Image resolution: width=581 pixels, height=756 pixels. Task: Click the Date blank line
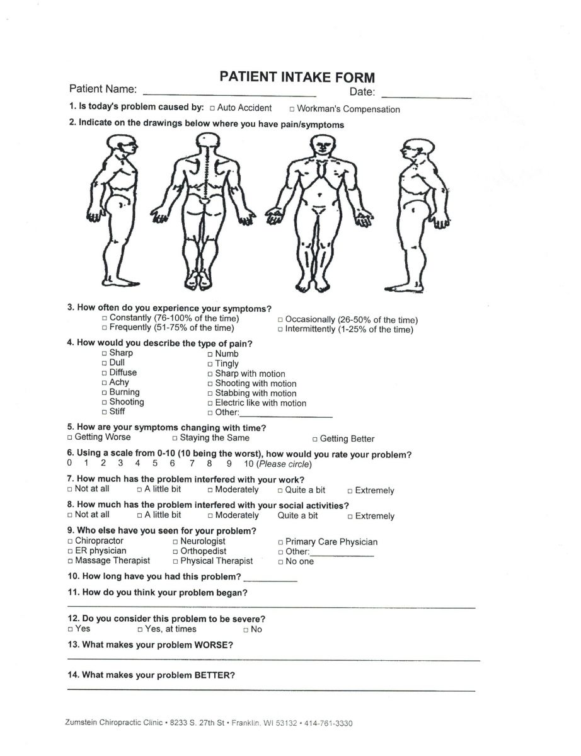coord(426,96)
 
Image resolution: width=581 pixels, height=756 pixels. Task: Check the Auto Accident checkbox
coord(212,108)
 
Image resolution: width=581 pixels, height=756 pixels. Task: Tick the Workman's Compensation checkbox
coord(292,109)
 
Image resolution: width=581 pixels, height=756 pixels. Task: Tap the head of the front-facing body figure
coord(323,146)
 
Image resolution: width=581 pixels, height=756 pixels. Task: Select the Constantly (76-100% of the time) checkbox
coord(105,318)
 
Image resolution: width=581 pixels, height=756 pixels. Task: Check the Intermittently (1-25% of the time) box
coord(280,329)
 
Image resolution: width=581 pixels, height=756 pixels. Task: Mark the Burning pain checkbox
coord(105,392)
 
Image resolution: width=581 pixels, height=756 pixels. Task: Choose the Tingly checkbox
coord(210,364)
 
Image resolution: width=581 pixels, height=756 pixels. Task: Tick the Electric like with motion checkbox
coord(210,403)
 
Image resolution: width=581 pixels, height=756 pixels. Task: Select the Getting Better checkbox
coord(315,439)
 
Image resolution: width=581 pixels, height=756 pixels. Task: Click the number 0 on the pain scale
coord(69,464)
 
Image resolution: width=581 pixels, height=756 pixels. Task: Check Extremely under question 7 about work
coord(350,490)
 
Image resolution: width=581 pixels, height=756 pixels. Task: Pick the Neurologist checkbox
coord(175,541)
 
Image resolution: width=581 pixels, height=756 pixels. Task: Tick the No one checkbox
coord(280,561)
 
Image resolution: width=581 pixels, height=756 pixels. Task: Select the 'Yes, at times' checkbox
coord(140,629)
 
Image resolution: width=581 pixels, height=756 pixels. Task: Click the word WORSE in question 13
coord(212,645)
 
